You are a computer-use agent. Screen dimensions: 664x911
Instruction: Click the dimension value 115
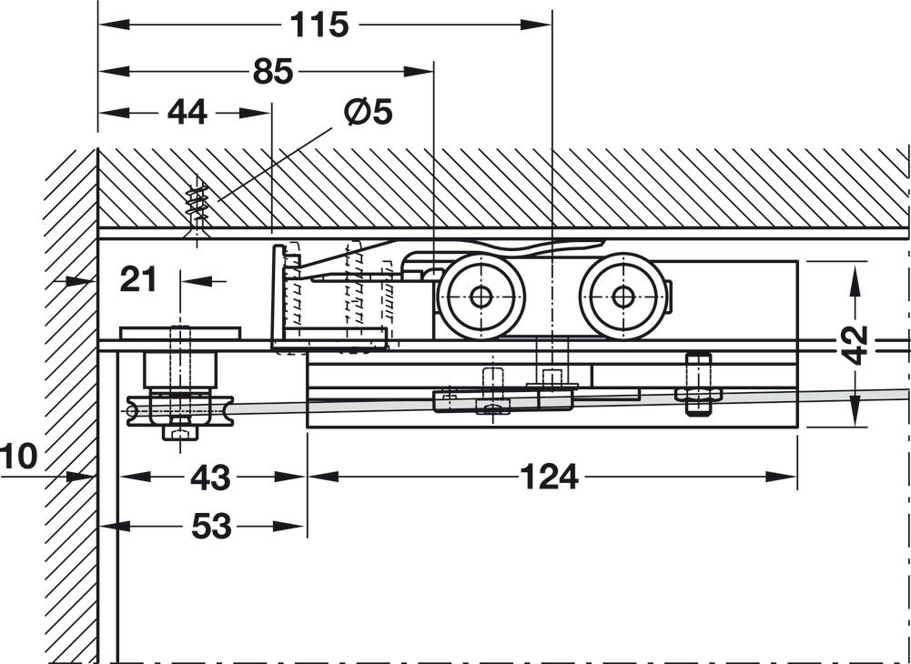[319, 25]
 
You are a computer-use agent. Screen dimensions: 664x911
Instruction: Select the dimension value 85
[273, 72]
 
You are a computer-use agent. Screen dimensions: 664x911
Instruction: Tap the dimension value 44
[187, 113]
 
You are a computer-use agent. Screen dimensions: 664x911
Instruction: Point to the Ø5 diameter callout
[368, 113]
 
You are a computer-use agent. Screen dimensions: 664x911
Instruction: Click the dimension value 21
[138, 280]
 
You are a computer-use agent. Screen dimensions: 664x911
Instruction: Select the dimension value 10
[18, 457]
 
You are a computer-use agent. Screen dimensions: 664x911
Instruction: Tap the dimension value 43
[211, 477]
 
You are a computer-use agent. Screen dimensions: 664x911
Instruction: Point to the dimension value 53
[211, 527]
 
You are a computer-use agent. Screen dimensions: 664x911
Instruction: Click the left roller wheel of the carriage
[481, 297]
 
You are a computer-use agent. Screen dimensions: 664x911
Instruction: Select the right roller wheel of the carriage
[623, 297]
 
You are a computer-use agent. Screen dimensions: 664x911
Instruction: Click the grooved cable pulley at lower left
[178, 410]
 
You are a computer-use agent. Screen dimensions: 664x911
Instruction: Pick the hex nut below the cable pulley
[179, 432]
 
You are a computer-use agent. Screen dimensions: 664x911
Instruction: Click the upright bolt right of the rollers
[697, 384]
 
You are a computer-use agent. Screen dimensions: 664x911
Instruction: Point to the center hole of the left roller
[481, 297]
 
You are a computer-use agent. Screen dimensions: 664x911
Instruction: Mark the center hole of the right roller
[623, 297]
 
